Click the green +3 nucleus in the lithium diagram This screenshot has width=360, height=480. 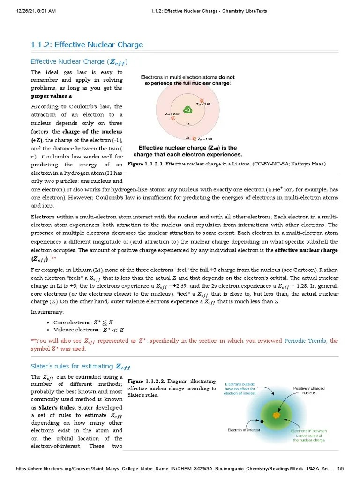click(187, 110)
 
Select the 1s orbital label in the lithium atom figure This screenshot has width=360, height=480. click(187, 124)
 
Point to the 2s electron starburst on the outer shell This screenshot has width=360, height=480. click(195, 139)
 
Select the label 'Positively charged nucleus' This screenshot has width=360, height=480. click(309, 390)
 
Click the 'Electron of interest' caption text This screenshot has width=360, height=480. click(244, 429)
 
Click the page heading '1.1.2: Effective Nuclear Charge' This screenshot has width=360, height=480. click(87, 45)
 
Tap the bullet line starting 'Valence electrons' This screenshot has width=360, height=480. click(87, 330)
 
